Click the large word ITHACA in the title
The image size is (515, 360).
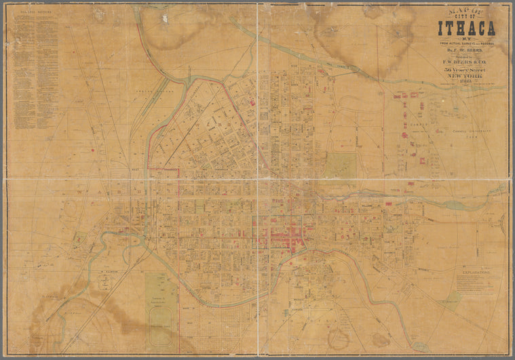pos(466,28)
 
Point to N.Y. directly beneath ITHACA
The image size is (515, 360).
pos(466,39)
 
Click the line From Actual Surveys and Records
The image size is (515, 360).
pos(466,44)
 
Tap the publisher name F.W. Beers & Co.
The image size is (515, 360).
pos(466,62)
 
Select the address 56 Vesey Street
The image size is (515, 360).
pos(466,70)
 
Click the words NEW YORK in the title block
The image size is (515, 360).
pos(466,77)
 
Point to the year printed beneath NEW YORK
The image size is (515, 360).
pos(466,83)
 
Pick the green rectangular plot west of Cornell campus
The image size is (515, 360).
pos(341,165)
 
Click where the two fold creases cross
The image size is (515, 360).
pos(258,179)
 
